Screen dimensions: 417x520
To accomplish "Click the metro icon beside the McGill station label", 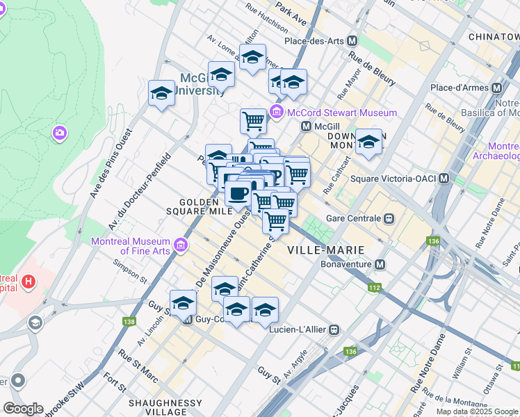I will (306, 126).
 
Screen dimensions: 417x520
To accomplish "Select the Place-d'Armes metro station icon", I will (496, 88).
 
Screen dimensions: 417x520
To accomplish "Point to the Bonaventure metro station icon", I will (380, 265).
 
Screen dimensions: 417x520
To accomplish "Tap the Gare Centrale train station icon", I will (389, 218).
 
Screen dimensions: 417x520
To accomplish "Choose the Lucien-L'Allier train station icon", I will (334, 329).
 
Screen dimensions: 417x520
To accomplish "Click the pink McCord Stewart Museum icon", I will (277, 112).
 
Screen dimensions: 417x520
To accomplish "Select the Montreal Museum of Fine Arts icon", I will (181, 245).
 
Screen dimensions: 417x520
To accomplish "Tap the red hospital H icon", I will (28, 281).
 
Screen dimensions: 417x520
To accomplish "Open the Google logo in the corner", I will (23, 409).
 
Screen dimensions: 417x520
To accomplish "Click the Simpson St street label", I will (131, 272).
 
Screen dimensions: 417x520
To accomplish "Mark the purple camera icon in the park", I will (60, 132).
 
